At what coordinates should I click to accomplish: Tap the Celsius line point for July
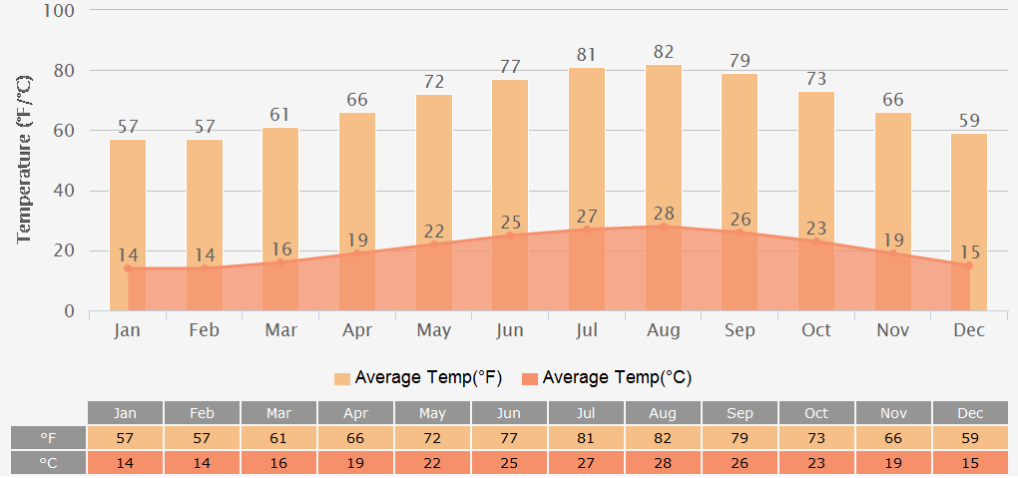587,229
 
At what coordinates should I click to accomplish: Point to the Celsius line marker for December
968,265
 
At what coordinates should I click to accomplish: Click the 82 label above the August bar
664,52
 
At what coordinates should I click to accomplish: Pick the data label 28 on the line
664,214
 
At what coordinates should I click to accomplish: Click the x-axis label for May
434,330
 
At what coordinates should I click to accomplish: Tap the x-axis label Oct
816,330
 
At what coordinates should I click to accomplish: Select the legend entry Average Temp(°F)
418,377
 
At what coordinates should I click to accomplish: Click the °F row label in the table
49,438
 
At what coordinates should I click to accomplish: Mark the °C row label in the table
49,463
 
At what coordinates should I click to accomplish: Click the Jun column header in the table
510,413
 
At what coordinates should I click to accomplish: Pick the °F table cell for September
740,438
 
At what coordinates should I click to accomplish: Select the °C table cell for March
279,463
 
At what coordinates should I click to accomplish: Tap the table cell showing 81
587,438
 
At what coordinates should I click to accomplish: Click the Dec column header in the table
970,413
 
